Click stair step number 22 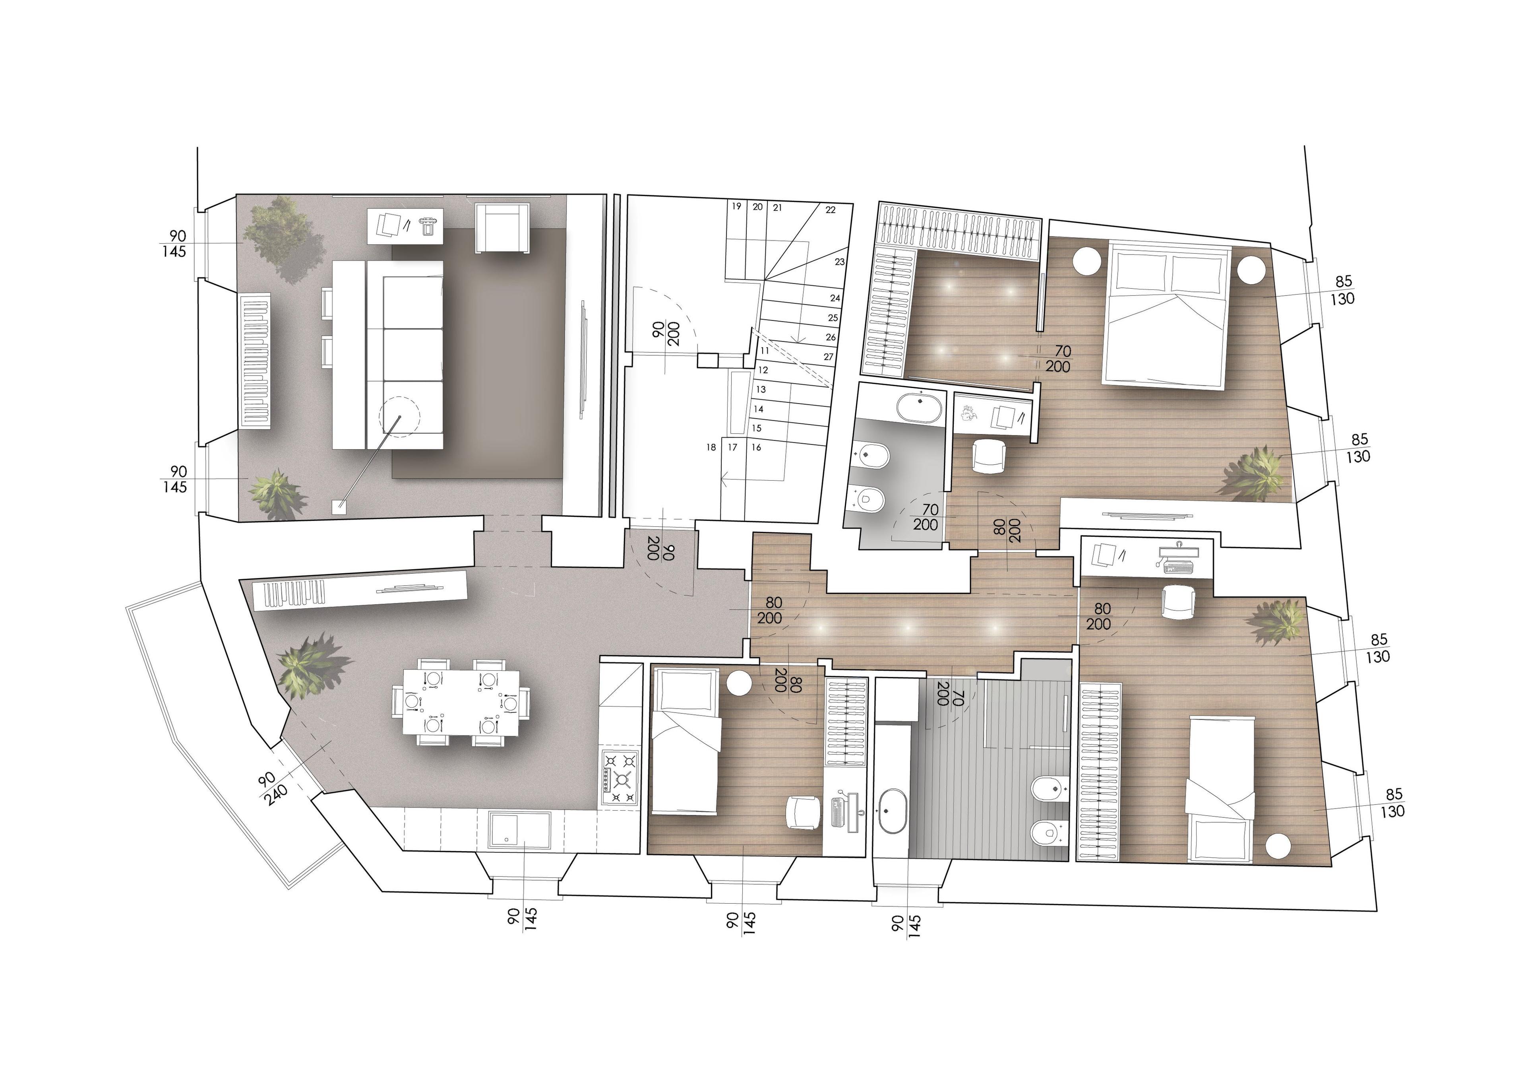click(830, 210)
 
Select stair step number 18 click(711, 447)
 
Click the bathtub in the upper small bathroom click(919, 407)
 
